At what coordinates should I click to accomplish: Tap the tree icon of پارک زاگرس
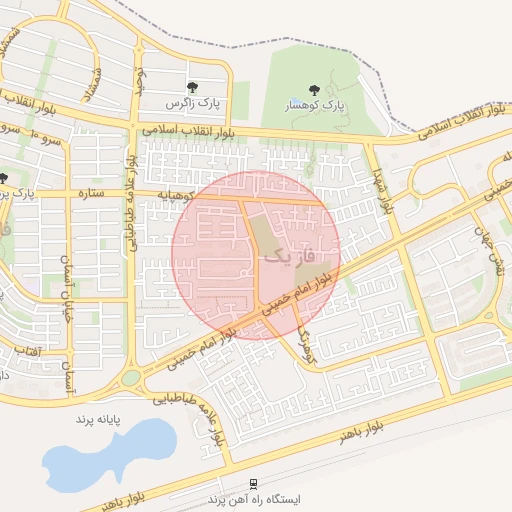click(191, 87)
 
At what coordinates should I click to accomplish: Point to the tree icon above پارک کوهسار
click(315, 90)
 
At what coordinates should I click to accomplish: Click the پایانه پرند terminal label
click(98, 419)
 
